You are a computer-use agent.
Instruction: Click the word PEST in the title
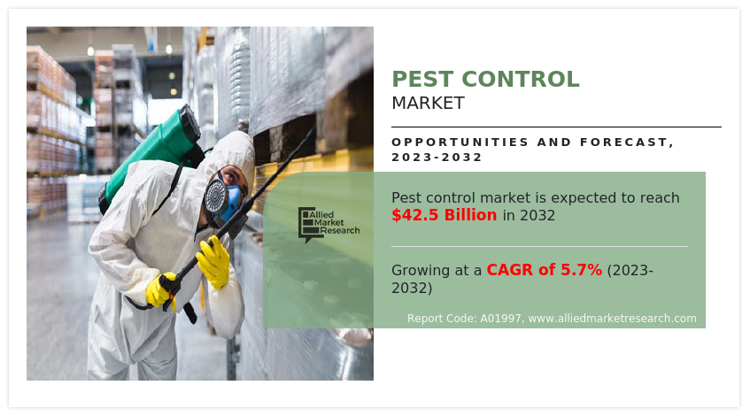point(422,80)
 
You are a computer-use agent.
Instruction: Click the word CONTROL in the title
point(521,80)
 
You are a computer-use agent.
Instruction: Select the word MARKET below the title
point(428,103)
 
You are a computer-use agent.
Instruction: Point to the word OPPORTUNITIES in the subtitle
point(460,142)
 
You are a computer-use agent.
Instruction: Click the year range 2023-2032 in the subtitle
point(437,158)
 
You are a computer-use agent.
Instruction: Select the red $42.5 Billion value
point(445,215)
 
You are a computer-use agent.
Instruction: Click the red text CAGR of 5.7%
point(545,270)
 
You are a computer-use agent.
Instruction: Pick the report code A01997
point(501,319)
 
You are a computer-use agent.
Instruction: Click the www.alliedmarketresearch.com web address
point(612,319)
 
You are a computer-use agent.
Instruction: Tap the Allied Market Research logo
point(329,224)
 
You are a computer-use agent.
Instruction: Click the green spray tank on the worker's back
point(152,154)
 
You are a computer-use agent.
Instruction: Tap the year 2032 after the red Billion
point(537,216)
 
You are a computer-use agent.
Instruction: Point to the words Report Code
point(442,319)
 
